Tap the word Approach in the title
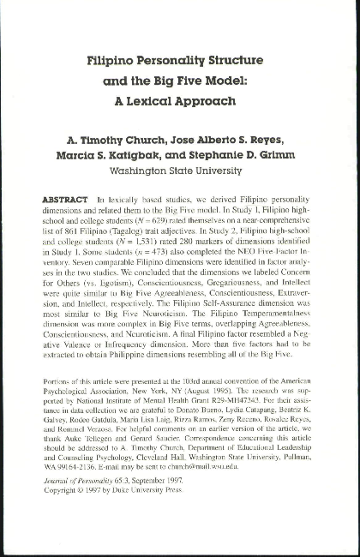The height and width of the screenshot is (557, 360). (x=207, y=99)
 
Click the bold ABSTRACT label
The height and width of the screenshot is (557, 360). (x=66, y=198)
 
